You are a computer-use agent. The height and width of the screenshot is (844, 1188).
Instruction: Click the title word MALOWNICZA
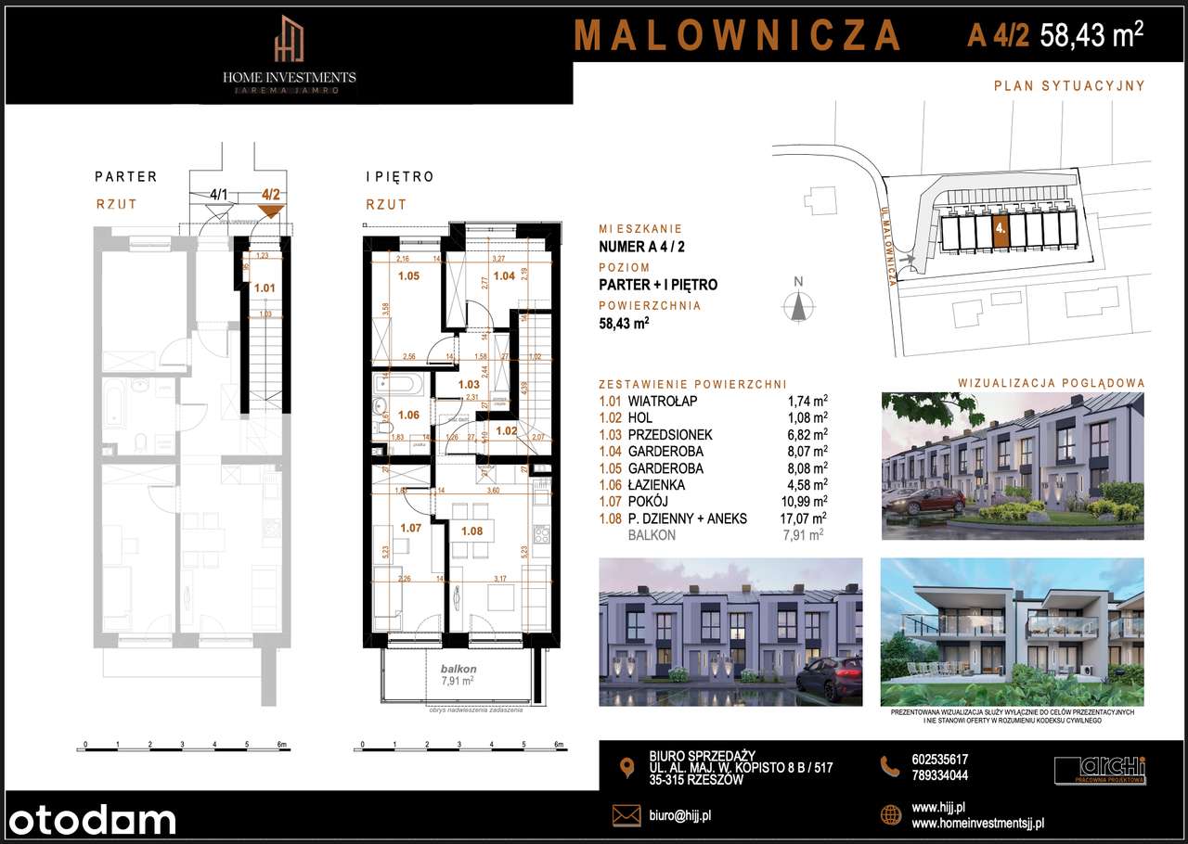(738, 35)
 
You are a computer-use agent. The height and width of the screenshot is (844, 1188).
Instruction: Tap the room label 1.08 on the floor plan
(472, 531)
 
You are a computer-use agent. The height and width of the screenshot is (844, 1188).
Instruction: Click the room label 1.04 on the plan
(504, 275)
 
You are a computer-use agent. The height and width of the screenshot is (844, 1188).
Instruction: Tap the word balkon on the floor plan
(458, 669)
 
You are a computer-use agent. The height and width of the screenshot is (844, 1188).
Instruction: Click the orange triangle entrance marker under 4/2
(270, 211)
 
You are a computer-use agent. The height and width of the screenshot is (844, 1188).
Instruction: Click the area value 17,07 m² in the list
(804, 518)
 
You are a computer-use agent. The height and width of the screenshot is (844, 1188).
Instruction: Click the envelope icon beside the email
(626, 815)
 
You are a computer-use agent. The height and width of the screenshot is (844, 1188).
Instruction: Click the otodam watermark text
(89, 820)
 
